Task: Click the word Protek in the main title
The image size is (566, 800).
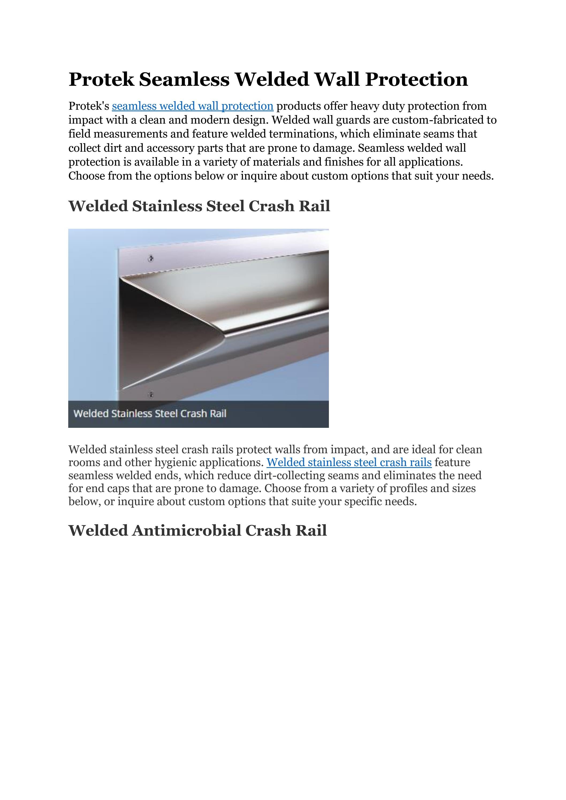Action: [x=101, y=79]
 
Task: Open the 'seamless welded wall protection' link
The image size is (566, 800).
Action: [x=192, y=106]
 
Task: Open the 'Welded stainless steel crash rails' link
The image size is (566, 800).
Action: [x=349, y=462]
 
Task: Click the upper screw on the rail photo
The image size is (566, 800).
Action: [x=151, y=258]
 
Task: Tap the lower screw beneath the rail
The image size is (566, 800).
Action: [x=151, y=394]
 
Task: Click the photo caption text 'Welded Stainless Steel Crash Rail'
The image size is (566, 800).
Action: [x=150, y=414]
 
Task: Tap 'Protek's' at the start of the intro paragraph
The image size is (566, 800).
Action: [x=89, y=106]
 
